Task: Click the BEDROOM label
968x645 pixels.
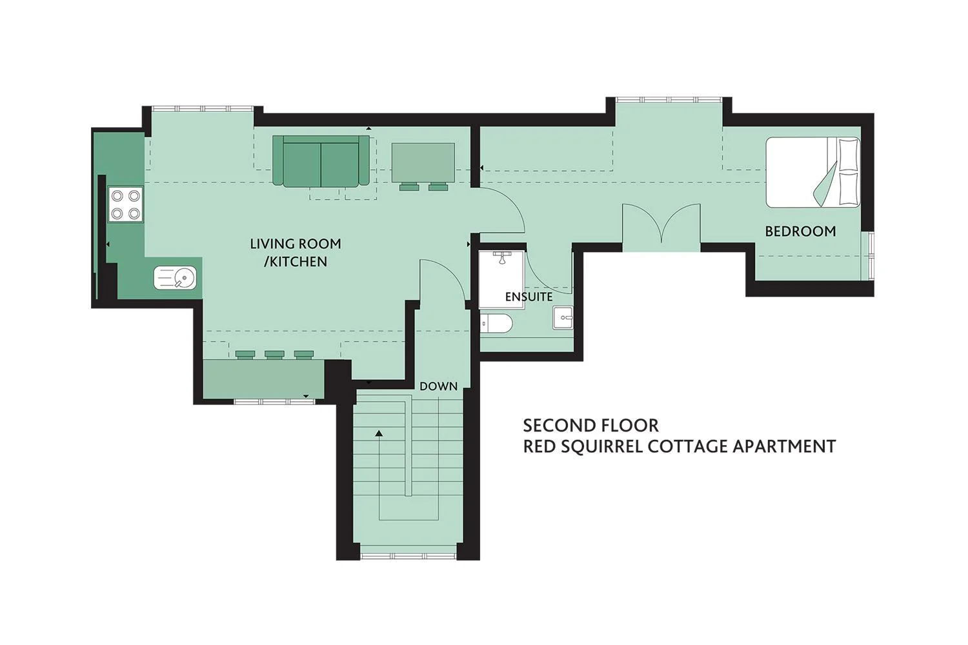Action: point(800,232)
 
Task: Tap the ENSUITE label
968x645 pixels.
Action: point(529,297)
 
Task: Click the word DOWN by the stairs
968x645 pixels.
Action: point(438,386)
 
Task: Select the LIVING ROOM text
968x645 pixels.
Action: point(296,244)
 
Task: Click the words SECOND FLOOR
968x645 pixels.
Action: point(590,426)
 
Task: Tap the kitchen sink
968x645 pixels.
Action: point(175,277)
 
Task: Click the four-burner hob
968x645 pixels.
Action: point(125,204)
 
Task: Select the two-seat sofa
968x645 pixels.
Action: point(321,161)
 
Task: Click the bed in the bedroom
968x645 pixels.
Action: point(813,172)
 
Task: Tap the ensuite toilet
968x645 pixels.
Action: point(496,324)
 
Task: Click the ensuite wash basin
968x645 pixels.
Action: point(563,318)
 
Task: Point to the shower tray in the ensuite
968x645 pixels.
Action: point(501,279)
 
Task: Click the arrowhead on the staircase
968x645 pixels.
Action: point(379,433)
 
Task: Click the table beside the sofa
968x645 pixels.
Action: point(423,163)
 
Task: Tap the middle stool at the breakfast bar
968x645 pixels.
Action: point(274,355)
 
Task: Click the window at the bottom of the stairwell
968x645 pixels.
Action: point(408,557)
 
